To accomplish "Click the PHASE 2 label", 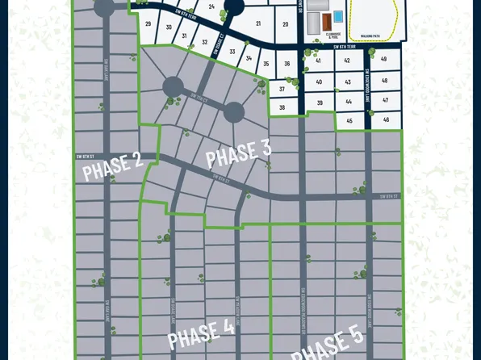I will pos(113,166).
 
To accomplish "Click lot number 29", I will pos(148,24).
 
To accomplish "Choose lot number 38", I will pos(282,107).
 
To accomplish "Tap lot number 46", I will pos(387,119).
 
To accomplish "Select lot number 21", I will pos(258,23).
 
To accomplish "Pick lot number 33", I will pos(232,52).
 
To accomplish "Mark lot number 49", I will pos(384,60).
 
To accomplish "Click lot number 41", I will pos(319,61).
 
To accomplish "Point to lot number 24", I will pos(211,6).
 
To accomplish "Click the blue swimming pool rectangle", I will pos(337,16).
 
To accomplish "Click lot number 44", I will pos(348,102).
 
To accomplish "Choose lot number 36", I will pos(287,64).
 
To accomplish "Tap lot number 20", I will pos(286,24).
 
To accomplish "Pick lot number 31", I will pos(185,36).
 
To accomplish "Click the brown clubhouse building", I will pos(324,19).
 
